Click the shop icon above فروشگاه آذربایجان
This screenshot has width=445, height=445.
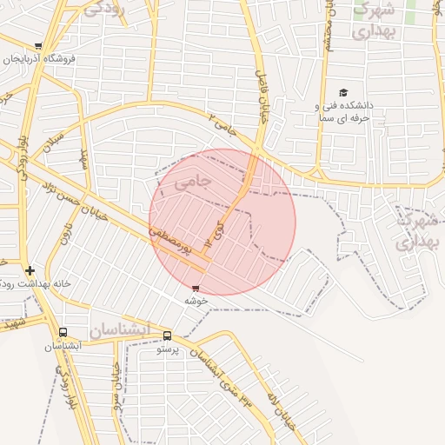(38, 45)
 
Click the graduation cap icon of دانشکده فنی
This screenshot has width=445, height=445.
(343, 92)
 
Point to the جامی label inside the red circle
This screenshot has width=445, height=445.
(192, 182)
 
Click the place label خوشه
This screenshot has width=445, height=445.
(195, 300)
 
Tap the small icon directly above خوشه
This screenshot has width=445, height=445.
(195, 288)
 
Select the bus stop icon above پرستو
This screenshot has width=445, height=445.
(167, 336)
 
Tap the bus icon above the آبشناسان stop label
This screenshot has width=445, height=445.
(63, 332)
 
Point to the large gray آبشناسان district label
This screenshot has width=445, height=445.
(118, 329)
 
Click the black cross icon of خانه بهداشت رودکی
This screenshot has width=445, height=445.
(30, 270)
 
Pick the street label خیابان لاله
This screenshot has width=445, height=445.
(286, 408)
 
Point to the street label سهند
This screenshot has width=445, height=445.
(84, 158)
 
